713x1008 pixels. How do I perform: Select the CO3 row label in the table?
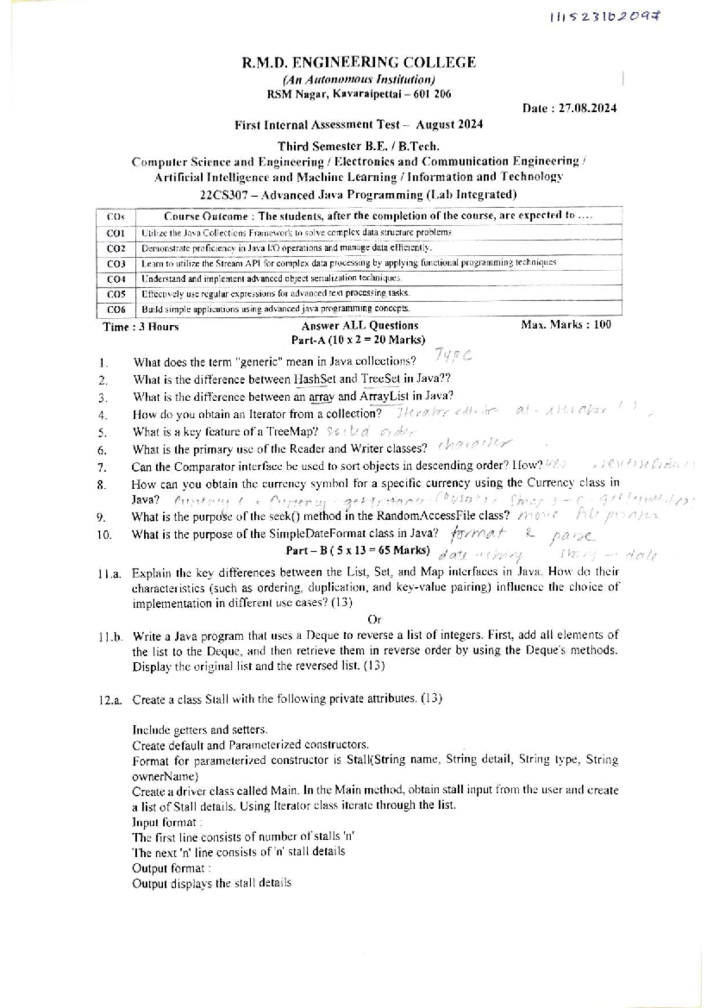pyautogui.click(x=116, y=263)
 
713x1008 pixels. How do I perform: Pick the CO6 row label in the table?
pyautogui.click(x=116, y=309)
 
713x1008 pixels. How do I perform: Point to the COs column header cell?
pyautogui.click(x=115, y=218)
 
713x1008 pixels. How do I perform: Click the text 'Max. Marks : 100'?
pyautogui.click(x=566, y=325)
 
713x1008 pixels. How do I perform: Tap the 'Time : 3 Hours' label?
pyautogui.click(x=141, y=327)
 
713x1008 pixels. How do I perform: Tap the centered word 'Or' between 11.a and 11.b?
pyautogui.click(x=374, y=619)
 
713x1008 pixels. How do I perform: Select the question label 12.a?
pyautogui.click(x=111, y=700)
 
